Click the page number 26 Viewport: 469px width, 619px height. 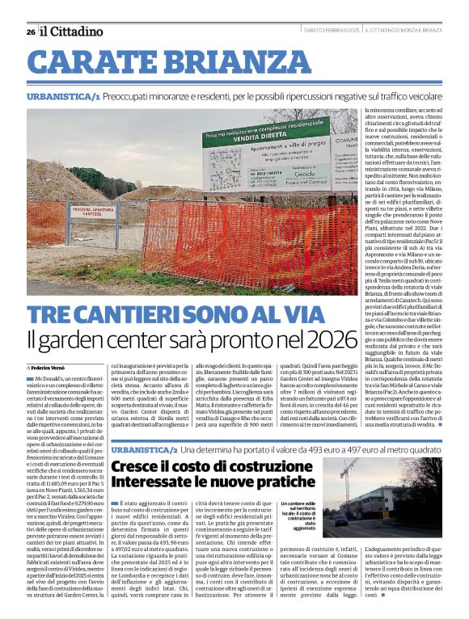(x=31, y=32)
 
